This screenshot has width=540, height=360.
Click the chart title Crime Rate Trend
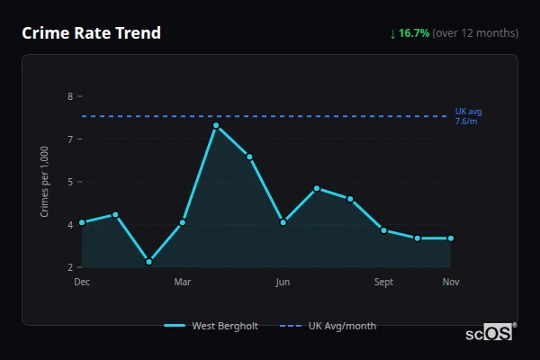tap(92, 33)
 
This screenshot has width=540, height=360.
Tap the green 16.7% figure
tap(414, 33)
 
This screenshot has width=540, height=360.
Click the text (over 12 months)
tap(475, 33)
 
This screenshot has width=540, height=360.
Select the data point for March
tap(183, 222)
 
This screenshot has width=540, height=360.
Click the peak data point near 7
tap(216, 125)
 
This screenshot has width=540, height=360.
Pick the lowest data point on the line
tap(149, 262)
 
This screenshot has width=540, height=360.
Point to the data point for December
tap(82, 222)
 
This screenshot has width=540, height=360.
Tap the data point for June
tap(283, 222)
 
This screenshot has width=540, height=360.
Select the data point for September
tap(383, 230)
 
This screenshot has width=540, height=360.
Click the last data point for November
tap(451, 238)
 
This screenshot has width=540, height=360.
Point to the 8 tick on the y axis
tap(69, 96)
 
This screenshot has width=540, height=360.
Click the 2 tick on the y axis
tap(69, 267)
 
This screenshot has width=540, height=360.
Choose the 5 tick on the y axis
tap(69, 182)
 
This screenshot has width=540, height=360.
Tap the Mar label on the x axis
tap(183, 282)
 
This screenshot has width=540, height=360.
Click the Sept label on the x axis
tap(383, 282)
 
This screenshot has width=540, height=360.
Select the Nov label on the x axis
tap(451, 282)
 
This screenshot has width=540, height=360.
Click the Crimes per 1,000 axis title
tap(44, 182)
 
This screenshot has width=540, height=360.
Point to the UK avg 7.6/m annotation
tap(468, 116)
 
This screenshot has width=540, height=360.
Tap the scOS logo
tap(489, 333)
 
